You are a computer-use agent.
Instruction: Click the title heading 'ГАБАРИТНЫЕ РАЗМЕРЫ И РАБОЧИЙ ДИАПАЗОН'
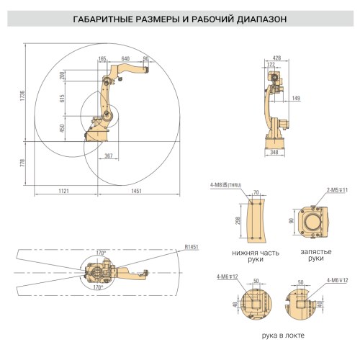(x=179, y=19)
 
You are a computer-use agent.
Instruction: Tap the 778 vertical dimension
(x=22, y=166)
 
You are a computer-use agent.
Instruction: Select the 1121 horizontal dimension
(x=63, y=191)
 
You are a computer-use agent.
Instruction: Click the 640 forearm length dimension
(x=125, y=58)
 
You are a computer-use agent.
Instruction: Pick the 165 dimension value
(x=102, y=58)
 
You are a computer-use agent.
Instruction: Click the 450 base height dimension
(x=63, y=127)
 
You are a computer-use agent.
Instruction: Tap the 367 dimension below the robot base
(x=108, y=156)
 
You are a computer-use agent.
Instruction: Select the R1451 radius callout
(x=192, y=247)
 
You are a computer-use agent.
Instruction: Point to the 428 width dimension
(x=276, y=58)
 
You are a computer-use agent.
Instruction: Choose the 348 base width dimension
(x=274, y=153)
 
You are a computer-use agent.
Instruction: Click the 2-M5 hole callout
(x=337, y=189)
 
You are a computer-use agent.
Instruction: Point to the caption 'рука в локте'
(x=282, y=335)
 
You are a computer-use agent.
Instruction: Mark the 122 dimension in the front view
(x=271, y=65)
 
